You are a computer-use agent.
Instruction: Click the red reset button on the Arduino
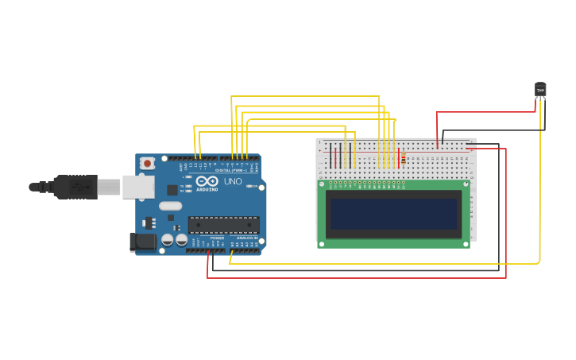point(148,163)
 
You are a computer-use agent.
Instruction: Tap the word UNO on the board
point(233,181)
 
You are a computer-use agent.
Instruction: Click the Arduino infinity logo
point(206,181)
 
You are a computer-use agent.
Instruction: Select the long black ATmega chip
point(223,225)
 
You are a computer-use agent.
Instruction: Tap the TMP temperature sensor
point(540,90)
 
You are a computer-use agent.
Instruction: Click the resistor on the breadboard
point(403,159)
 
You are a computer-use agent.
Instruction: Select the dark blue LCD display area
point(394,214)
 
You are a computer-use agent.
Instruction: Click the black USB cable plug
point(75,187)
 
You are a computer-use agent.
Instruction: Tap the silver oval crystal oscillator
point(170,206)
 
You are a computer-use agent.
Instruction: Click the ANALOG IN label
point(245,238)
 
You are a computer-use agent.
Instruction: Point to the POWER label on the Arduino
point(217,238)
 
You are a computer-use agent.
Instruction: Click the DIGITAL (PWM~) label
point(230,170)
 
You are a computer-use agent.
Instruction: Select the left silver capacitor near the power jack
point(168,239)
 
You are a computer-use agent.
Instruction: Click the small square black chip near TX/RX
point(172,190)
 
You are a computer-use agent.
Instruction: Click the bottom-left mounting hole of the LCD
point(321,242)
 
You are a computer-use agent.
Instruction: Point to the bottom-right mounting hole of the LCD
point(466,242)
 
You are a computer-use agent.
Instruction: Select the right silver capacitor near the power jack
point(181,239)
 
